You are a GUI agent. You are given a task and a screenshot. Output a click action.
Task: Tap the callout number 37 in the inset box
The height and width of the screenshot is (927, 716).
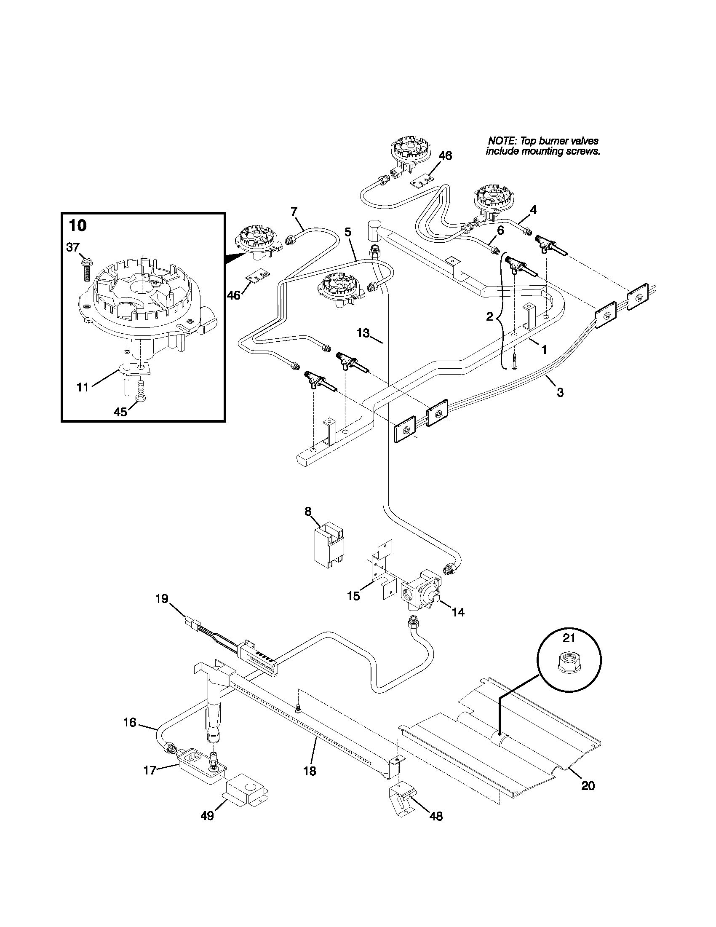click(x=73, y=246)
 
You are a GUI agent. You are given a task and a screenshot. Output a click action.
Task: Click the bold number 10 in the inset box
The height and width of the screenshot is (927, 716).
click(x=77, y=225)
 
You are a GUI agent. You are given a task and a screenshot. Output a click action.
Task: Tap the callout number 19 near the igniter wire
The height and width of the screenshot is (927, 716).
click(x=162, y=598)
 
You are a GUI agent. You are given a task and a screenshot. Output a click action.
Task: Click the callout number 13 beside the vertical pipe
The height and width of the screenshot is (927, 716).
click(x=363, y=333)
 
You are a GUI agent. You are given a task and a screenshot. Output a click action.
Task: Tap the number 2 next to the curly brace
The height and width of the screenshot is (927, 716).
click(x=490, y=316)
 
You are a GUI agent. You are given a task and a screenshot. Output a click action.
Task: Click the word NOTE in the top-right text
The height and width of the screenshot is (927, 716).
click(x=502, y=141)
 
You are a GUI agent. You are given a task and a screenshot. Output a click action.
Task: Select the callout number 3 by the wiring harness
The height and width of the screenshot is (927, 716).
click(x=560, y=393)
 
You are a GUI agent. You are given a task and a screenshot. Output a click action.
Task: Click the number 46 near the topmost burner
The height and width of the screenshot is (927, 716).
click(x=445, y=156)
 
